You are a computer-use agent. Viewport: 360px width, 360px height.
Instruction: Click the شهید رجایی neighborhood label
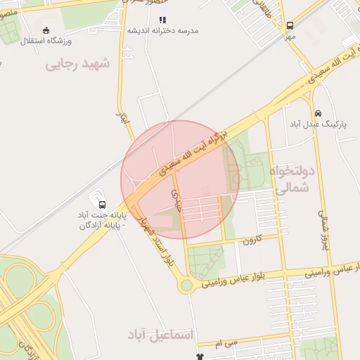[x=78, y=64]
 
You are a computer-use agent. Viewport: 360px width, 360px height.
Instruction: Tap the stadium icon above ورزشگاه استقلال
[x=46, y=30]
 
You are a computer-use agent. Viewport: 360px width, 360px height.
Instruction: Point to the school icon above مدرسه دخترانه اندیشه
[x=162, y=20]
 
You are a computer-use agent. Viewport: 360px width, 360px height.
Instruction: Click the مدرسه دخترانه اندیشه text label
[x=163, y=31]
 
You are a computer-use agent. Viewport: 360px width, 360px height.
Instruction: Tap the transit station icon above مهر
[x=290, y=25]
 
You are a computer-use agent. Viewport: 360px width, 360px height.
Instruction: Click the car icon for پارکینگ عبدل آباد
[x=318, y=112]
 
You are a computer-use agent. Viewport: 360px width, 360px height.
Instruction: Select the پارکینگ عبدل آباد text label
[x=314, y=124]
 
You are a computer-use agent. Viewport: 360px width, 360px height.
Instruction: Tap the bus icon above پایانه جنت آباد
[x=102, y=205]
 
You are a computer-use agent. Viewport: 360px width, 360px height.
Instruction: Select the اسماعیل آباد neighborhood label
[x=160, y=335]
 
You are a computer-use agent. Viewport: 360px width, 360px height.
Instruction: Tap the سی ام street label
[x=229, y=342]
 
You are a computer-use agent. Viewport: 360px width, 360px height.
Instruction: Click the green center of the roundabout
[x=186, y=285]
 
